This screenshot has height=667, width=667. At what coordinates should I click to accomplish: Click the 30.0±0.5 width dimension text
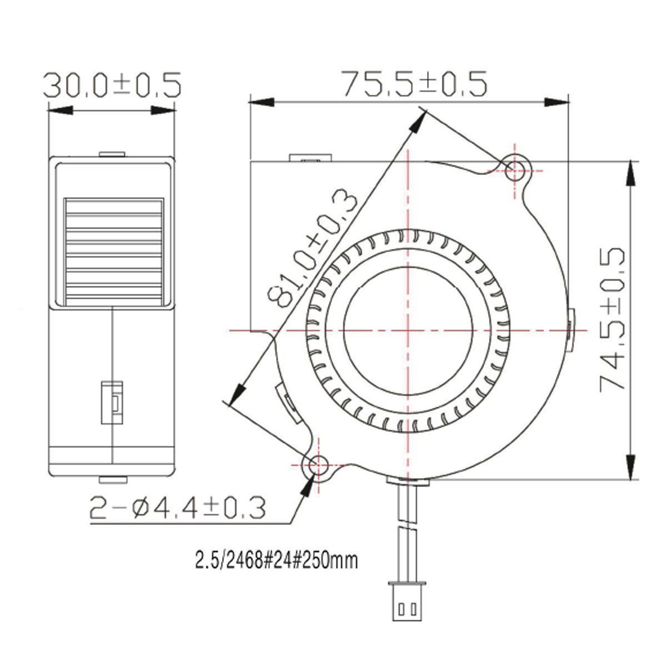point(113,85)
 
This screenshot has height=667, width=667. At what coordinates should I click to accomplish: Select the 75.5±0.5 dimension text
point(414,84)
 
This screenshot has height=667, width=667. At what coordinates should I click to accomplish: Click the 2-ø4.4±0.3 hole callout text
point(178,508)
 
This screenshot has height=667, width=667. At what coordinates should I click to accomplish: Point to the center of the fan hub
point(408,329)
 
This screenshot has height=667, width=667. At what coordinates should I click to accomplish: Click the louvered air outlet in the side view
point(113,252)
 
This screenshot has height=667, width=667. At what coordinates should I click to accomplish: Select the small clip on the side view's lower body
point(113,403)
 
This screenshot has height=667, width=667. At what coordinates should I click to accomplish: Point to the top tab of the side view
point(113,154)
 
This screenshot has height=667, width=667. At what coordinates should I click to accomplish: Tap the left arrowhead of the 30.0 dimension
point(62,110)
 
